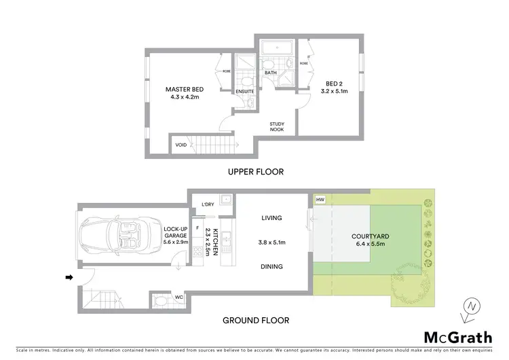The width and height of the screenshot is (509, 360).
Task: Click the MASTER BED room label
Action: coord(185,89)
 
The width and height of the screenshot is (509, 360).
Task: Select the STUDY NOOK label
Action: coord(276,126)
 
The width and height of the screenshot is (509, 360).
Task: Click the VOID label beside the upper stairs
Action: coord(181,145)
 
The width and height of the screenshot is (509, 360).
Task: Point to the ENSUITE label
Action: coord(245,91)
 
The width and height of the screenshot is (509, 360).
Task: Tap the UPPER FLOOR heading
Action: coord(255,172)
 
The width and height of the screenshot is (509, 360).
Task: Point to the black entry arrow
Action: coord(69,277)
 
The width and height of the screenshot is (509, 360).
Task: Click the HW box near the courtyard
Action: coord(320,200)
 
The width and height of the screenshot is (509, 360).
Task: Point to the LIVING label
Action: coord(271,218)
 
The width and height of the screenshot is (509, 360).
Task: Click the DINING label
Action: coord(271,267)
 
